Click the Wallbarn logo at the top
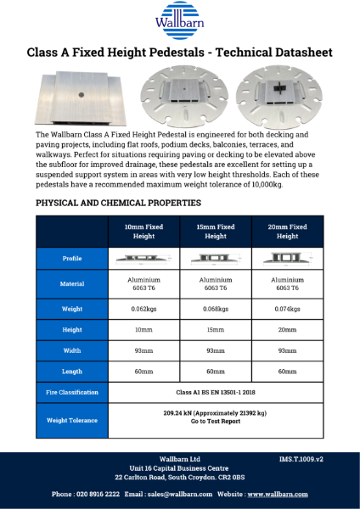point(179,19)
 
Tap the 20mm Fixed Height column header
point(288,232)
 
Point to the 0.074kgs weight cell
point(288,308)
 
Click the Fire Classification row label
point(72,392)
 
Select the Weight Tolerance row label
point(72,420)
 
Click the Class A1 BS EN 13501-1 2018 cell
point(216,392)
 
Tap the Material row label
point(72,283)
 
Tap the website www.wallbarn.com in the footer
point(278,494)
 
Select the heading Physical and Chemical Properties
point(118,203)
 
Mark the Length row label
point(72,371)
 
